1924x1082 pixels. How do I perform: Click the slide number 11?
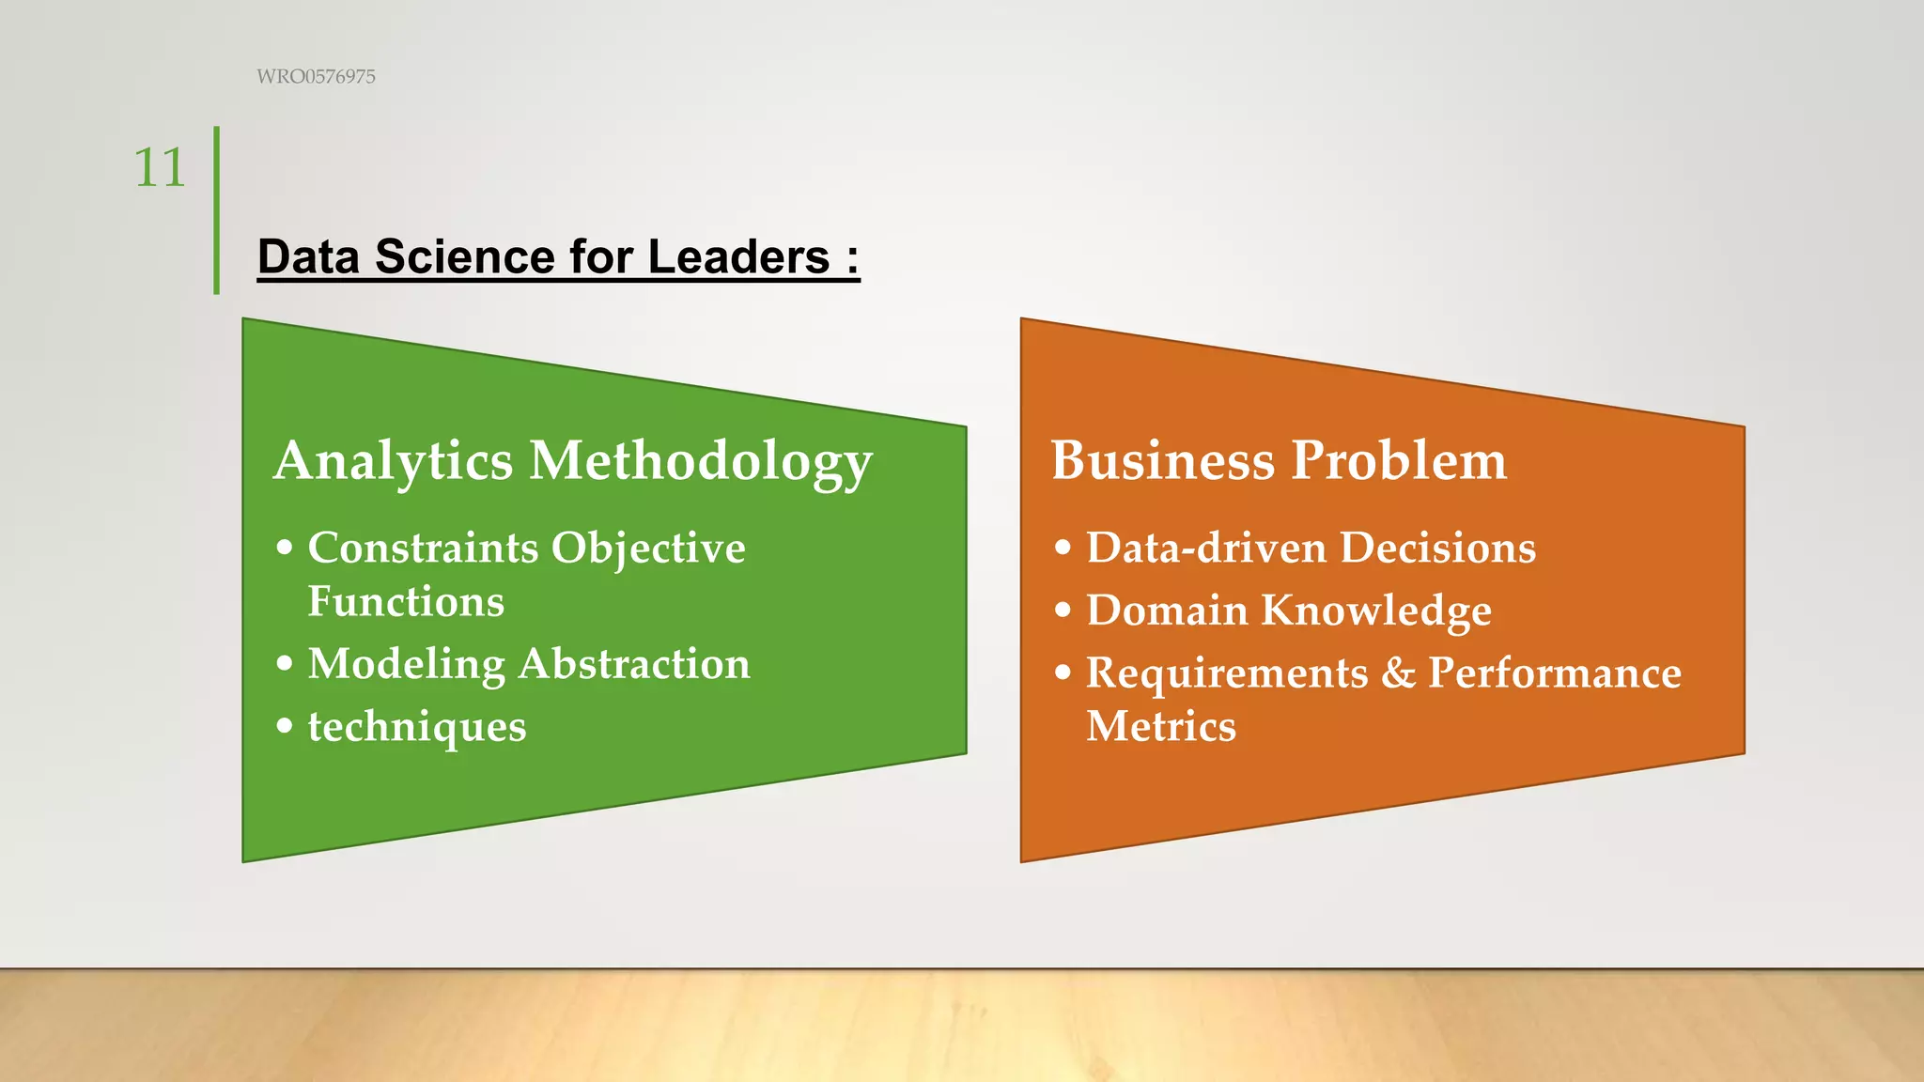coord(160,168)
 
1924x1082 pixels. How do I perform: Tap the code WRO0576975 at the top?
coord(316,77)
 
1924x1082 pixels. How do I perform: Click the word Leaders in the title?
coord(738,257)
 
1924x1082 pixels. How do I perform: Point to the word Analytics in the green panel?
coord(394,461)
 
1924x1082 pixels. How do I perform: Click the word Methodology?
coord(701,463)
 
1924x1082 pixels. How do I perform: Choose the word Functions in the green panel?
coord(406,601)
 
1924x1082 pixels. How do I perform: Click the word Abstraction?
coord(634,664)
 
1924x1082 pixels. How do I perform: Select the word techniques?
coord(417,727)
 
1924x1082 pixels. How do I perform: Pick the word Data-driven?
coord(1206,548)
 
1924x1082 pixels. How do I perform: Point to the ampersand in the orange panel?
coord(1398,673)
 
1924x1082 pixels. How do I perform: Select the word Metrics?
coord(1161,726)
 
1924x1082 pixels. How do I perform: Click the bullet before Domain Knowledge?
coord(1063,611)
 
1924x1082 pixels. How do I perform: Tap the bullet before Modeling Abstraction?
coord(285,664)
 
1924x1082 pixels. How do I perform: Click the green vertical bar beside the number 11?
coord(217,210)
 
